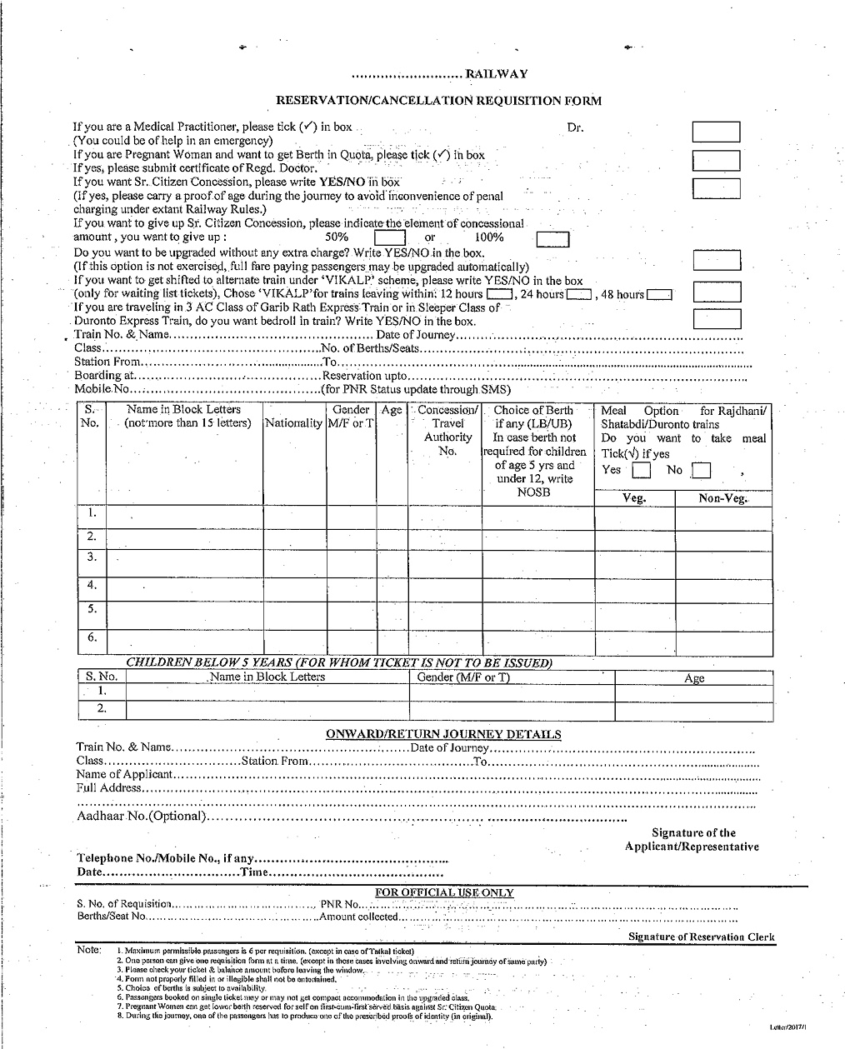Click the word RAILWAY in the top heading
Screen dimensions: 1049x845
(x=497, y=74)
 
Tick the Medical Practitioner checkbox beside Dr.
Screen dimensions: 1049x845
(x=717, y=132)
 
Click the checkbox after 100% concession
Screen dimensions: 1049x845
(x=552, y=241)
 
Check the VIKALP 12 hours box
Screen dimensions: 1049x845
(x=499, y=295)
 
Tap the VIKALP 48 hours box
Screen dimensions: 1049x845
(x=659, y=295)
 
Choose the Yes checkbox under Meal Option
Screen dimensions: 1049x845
(x=641, y=472)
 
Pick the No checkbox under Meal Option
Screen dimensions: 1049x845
(x=702, y=472)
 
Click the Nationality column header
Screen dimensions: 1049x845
(x=293, y=423)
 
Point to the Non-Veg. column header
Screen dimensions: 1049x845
(x=722, y=498)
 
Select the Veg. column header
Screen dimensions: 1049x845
(x=635, y=498)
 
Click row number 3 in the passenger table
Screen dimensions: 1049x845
(x=92, y=557)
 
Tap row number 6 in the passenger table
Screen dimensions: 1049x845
(x=92, y=638)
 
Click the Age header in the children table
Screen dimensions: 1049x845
(x=694, y=678)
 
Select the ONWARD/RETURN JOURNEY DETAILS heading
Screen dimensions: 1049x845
(x=442, y=734)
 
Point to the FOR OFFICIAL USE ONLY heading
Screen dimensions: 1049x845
(x=444, y=892)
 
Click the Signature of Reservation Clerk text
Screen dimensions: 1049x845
(x=701, y=937)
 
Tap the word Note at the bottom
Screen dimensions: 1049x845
(x=88, y=950)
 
